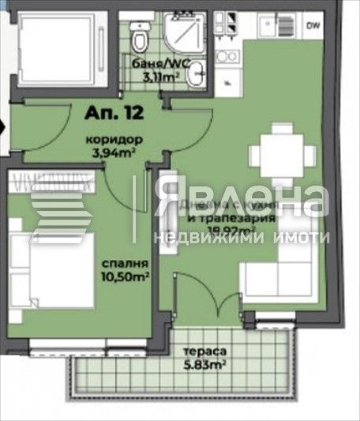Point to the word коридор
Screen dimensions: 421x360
[x=107, y=139]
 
